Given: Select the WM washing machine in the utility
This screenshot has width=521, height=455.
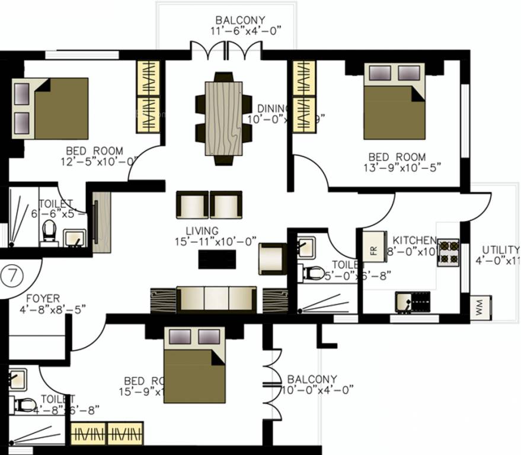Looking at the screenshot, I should pos(479,309).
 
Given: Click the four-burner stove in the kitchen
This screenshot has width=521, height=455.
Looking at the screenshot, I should pos(448,251).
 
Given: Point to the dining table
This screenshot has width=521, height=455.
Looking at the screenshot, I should pos(223,118).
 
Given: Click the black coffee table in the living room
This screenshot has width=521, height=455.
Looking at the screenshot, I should pos(216,259).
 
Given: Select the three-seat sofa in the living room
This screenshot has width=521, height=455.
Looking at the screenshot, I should pos(216,298).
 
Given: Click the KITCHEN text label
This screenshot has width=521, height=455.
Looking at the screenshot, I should pos(414,240).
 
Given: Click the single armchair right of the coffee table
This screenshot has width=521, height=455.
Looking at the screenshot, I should pos(272,258).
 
